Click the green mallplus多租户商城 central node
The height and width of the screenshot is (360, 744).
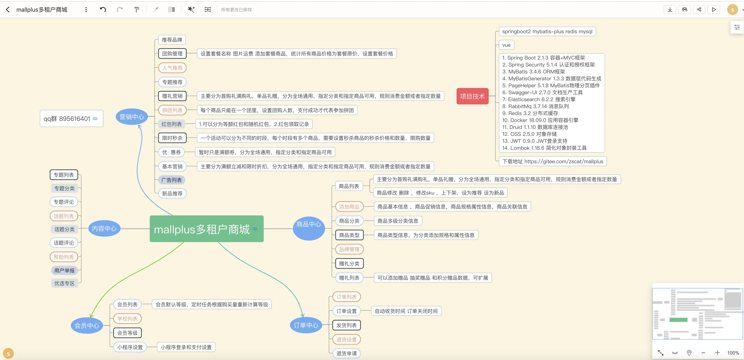(207, 229)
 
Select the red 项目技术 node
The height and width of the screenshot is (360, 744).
(472, 96)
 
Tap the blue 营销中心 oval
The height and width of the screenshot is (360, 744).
(132, 117)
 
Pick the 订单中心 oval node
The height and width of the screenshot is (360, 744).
(306, 325)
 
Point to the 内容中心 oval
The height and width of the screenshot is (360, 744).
(104, 228)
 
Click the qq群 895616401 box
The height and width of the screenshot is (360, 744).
(71, 118)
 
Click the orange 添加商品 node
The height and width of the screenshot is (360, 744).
(349, 207)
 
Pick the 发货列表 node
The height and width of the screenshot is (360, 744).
(347, 325)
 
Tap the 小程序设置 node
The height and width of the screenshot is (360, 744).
(130, 347)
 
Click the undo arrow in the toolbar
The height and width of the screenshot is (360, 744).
(103, 9)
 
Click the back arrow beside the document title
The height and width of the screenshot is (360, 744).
(8, 9)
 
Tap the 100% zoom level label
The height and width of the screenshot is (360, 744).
(733, 353)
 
